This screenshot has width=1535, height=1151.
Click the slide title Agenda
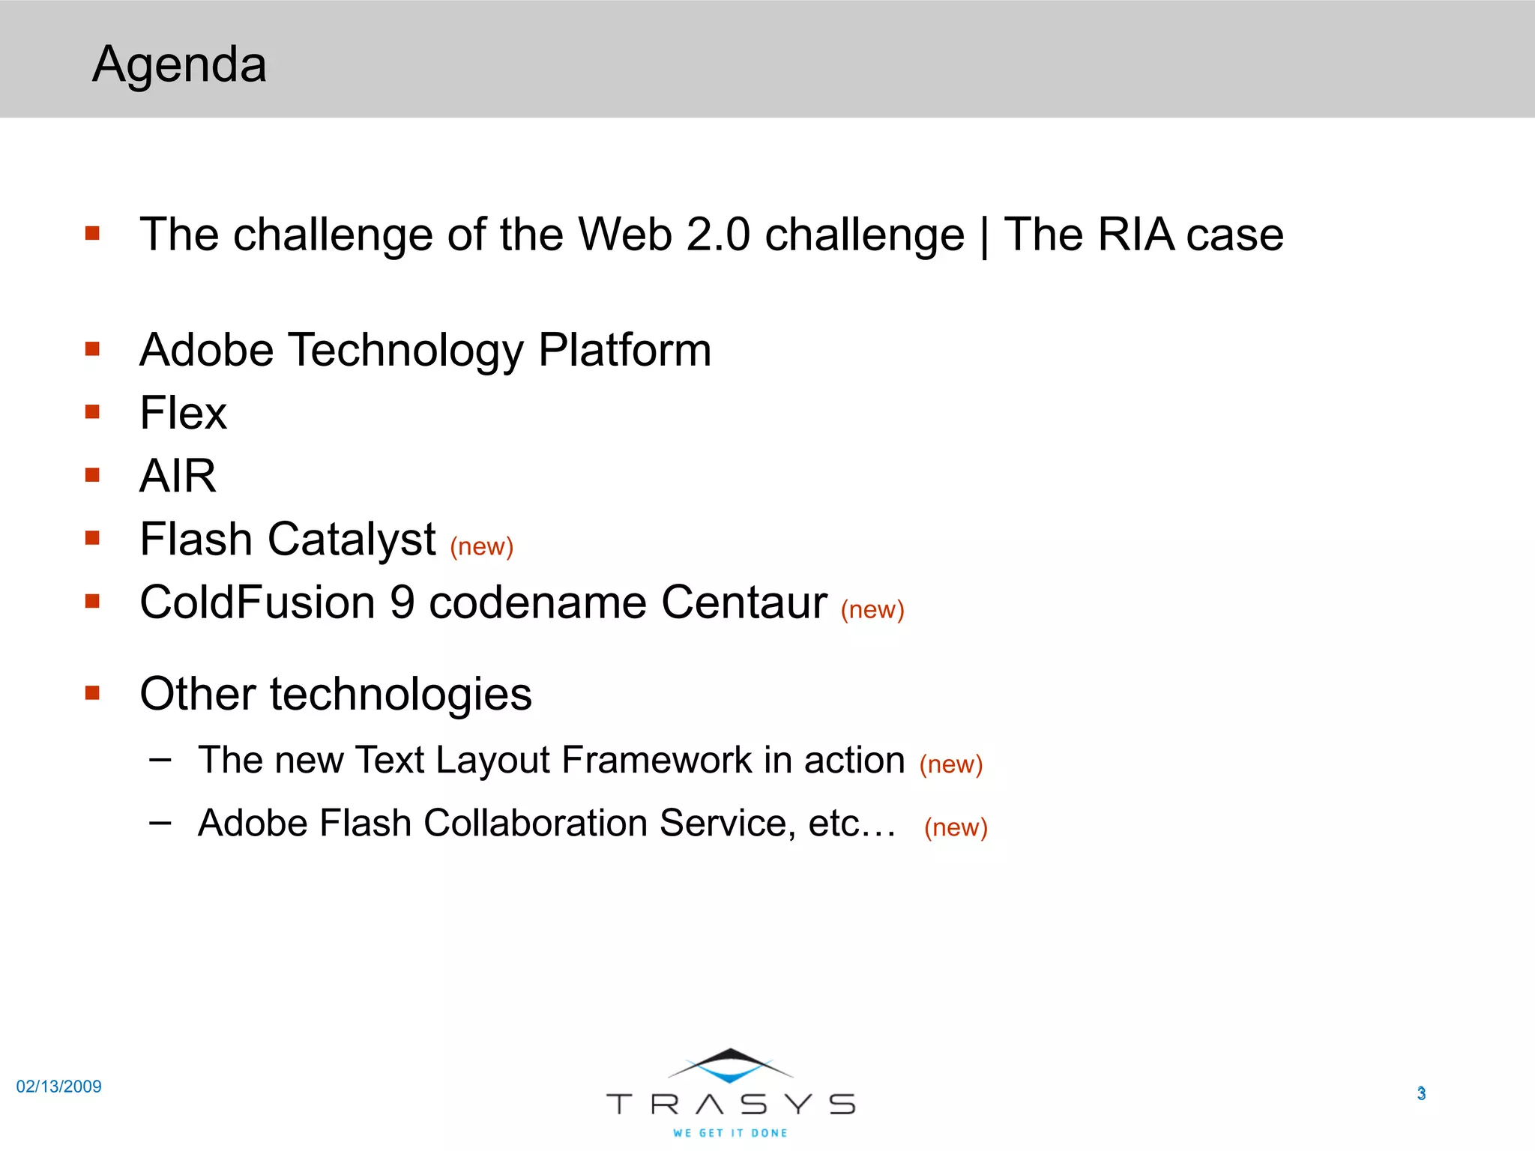click(179, 64)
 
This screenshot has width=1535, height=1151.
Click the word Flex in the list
click(183, 413)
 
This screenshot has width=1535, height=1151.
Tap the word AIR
click(178, 476)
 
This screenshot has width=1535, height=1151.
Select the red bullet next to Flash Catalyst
click(92, 537)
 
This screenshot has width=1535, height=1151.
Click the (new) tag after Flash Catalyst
click(481, 546)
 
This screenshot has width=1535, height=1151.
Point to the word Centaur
click(744, 602)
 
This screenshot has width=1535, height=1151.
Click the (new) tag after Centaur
click(872, 609)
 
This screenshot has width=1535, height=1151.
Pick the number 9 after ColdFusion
click(402, 602)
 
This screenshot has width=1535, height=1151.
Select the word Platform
click(624, 350)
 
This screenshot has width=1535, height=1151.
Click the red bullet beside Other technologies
click(92, 692)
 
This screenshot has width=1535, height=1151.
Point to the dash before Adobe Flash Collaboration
click(160, 823)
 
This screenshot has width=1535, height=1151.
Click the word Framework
click(656, 760)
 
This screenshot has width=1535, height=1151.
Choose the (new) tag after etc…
click(956, 827)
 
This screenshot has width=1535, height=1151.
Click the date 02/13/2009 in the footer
click(58, 1087)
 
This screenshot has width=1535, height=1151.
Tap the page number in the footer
click(1421, 1093)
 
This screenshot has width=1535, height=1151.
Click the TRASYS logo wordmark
click(730, 1104)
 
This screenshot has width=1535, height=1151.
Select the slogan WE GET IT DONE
click(730, 1133)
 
